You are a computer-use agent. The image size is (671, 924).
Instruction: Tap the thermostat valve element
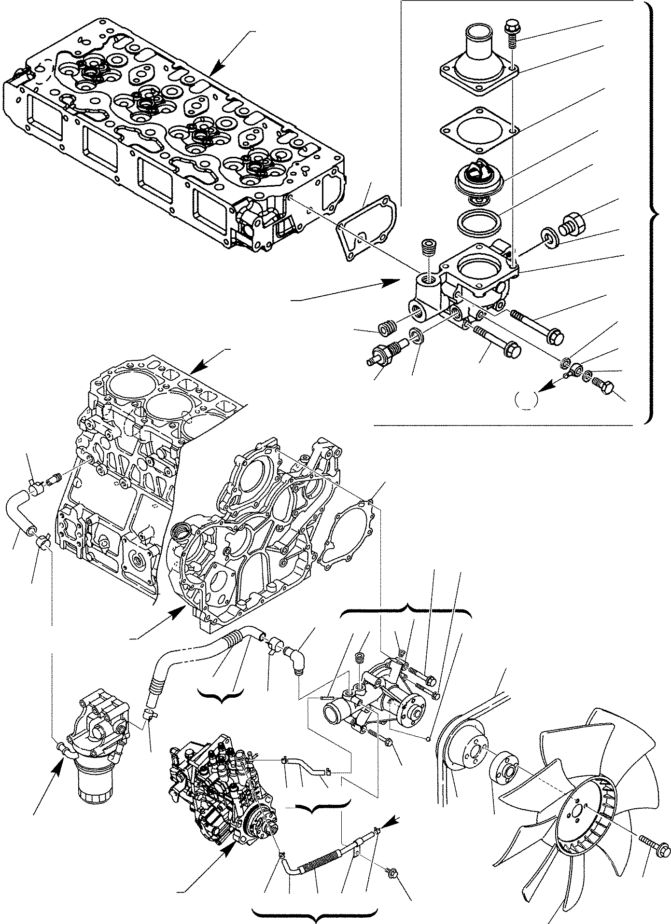pos(480,178)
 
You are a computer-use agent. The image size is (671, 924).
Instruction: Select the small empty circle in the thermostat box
pos(526,400)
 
